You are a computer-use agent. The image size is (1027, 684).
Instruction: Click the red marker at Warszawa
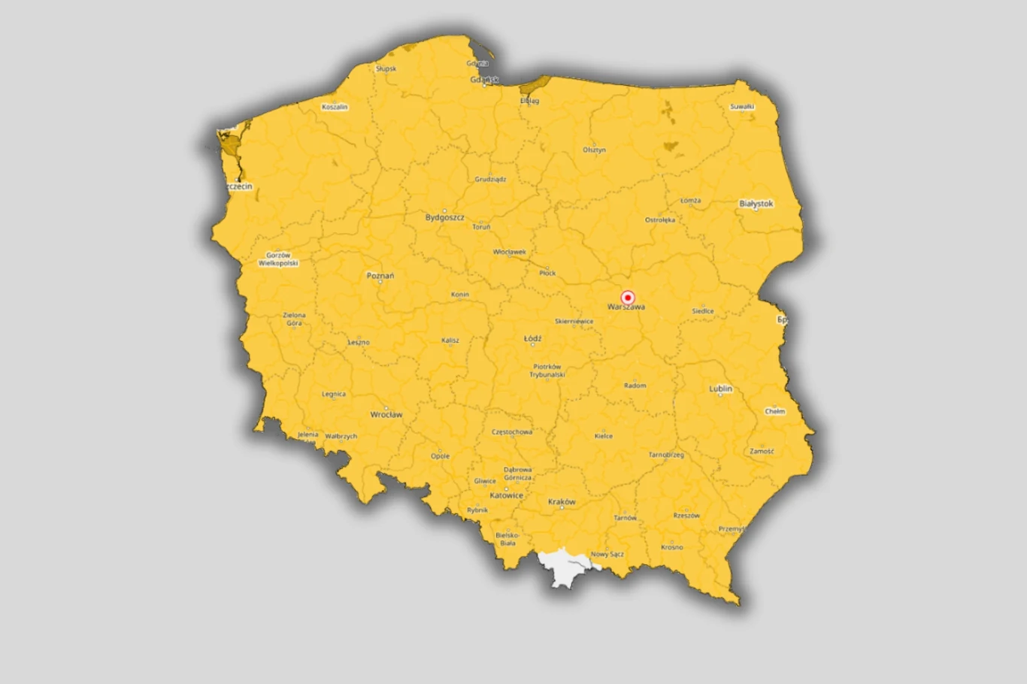(627, 298)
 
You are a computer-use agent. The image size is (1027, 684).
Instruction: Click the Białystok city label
(756, 204)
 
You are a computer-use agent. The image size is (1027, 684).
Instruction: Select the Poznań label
(380, 276)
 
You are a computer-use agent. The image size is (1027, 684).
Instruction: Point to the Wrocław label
(386, 414)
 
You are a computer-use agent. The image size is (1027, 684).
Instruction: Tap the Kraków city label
(562, 501)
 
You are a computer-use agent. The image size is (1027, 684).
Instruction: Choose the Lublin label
(720, 389)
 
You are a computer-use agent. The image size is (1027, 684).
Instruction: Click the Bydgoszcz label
(444, 217)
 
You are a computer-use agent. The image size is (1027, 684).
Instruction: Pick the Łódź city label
(532, 338)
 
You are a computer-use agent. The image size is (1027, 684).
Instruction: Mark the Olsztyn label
(594, 150)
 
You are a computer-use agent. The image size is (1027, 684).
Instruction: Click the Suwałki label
(742, 107)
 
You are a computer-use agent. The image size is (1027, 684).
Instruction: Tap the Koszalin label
(335, 107)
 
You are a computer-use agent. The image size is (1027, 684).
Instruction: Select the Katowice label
(506, 495)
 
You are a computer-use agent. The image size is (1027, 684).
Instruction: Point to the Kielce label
(603, 436)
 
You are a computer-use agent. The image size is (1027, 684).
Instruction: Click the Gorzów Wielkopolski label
(278, 259)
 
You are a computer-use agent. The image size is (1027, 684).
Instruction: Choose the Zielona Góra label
(294, 319)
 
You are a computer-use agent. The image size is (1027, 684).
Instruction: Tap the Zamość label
(762, 452)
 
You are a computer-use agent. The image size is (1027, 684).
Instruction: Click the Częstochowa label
(512, 432)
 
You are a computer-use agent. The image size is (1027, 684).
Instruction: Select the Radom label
(635, 386)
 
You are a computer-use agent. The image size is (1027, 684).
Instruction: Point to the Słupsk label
(386, 68)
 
